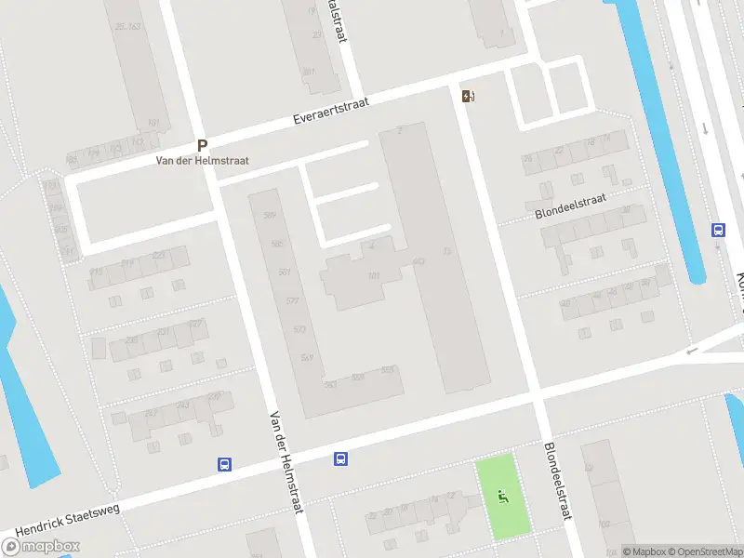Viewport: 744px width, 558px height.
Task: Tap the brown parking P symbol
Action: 202,146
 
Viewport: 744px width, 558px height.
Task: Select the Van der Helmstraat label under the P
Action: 202,161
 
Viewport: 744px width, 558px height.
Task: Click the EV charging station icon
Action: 467,95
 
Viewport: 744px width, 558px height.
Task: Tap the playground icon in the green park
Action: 503,497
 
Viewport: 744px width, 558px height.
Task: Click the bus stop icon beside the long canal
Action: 718,230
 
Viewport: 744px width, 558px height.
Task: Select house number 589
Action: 270,216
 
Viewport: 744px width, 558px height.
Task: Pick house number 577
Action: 292,301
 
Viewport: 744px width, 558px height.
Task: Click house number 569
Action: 307,357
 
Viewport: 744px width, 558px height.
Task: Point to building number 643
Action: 418,261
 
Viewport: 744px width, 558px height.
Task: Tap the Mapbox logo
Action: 39,547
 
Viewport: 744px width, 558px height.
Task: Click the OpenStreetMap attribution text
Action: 709,551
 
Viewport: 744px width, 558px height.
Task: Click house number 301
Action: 309,72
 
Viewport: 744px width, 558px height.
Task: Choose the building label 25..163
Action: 126,27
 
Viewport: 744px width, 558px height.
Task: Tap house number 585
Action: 276,244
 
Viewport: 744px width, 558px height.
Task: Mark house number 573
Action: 299,329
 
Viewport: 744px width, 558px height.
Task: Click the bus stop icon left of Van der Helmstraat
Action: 224,463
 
